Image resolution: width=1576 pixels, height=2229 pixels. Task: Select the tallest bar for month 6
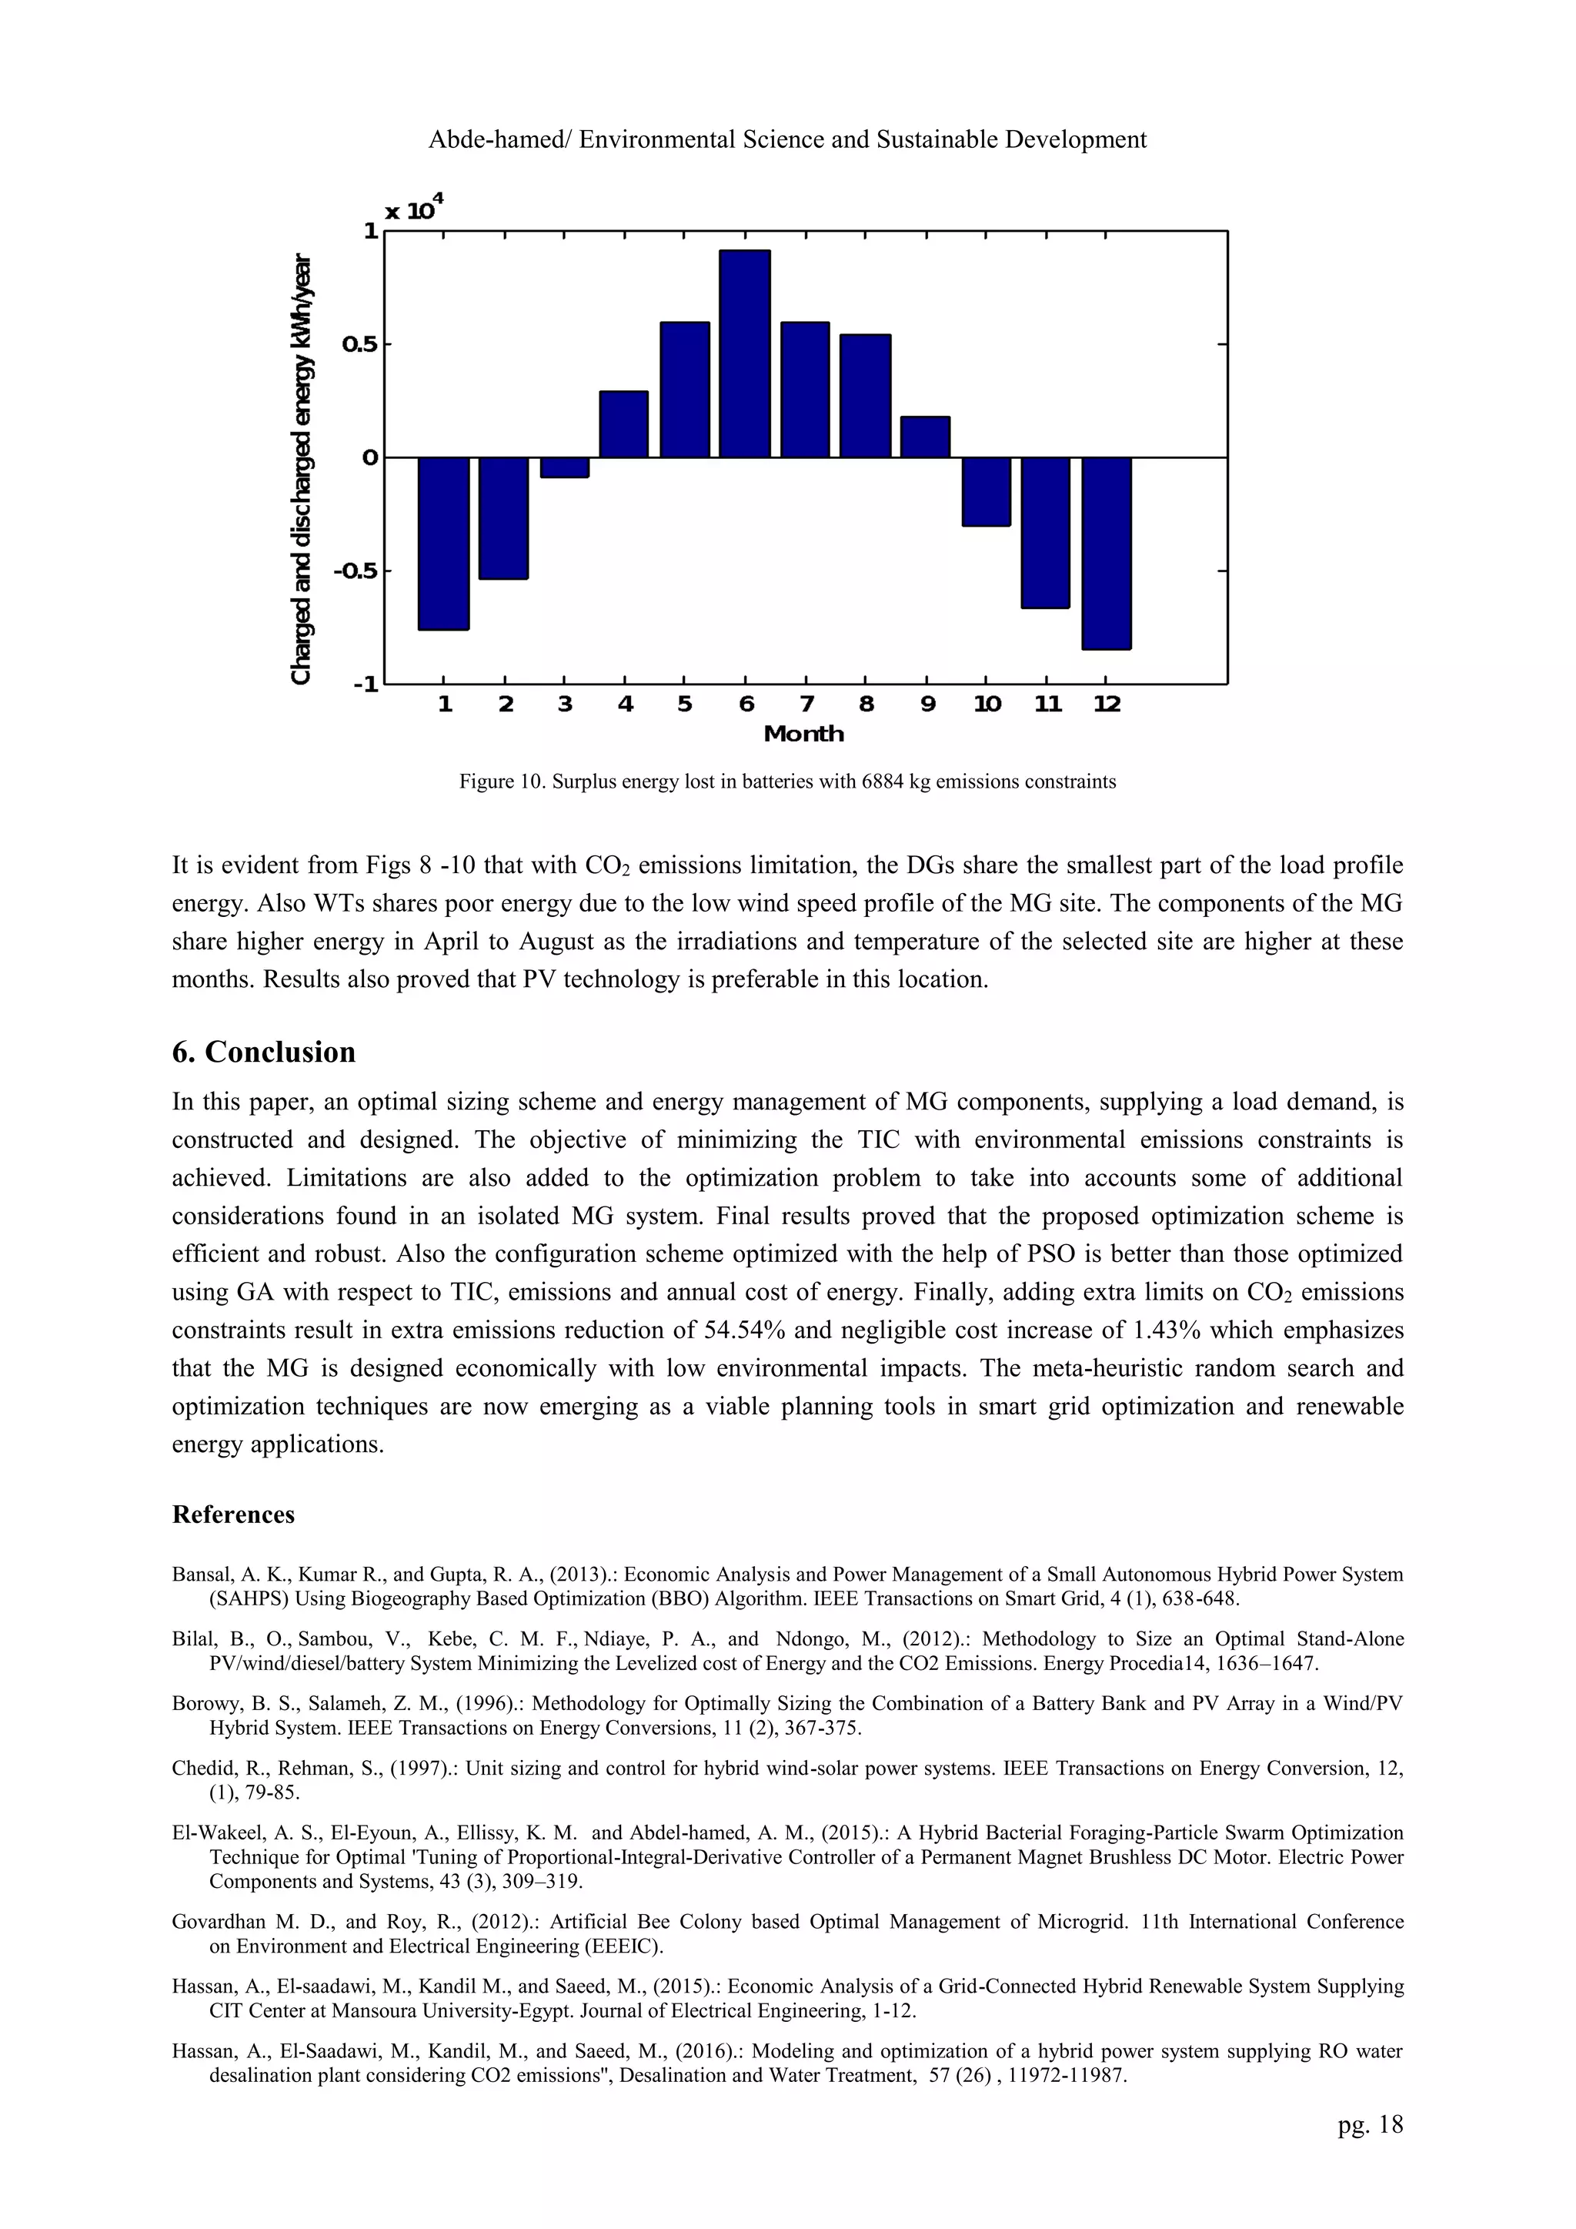click(744, 354)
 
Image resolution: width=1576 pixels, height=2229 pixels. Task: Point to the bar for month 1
click(443, 544)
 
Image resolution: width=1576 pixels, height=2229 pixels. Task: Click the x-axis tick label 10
click(987, 705)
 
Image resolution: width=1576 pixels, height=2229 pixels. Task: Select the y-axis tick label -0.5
click(356, 571)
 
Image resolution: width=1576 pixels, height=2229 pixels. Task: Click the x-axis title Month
click(803, 734)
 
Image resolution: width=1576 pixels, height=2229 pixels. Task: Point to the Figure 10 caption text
click(787, 781)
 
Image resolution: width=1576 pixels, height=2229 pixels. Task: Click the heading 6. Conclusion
click(264, 1053)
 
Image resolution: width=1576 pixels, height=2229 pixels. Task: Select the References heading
click(233, 1515)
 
